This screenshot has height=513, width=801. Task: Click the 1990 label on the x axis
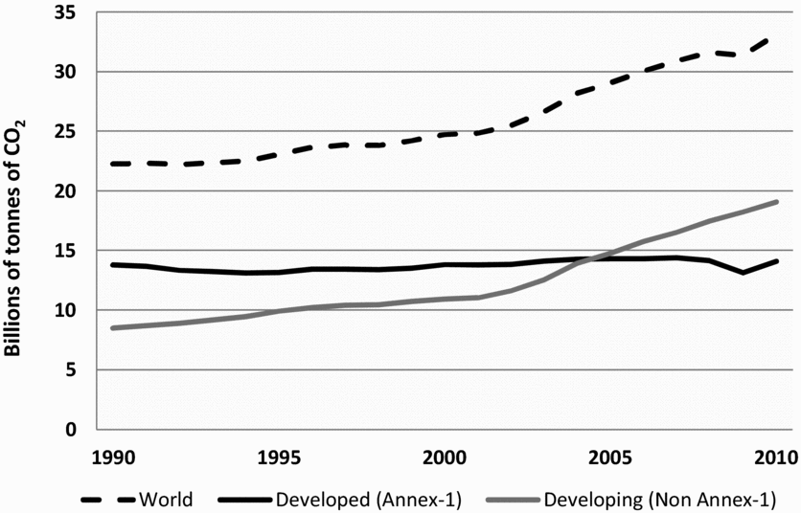112,455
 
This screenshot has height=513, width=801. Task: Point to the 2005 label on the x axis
610,455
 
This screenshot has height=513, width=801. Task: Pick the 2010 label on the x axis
775,455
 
